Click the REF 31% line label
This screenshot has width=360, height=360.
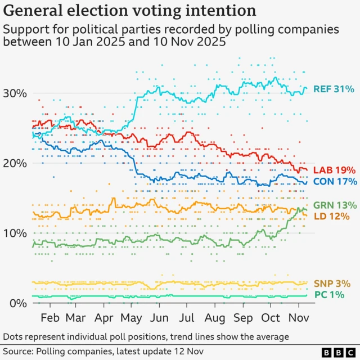[334, 89]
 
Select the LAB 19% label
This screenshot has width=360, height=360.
[335, 170]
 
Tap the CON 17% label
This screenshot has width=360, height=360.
[335, 181]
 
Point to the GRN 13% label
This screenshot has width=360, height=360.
[335, 205]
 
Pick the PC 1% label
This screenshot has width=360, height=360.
[328, 295]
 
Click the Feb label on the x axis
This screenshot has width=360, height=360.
[50, 318]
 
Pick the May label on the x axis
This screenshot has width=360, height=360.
[132, 318]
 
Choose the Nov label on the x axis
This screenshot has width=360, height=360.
[298, 318]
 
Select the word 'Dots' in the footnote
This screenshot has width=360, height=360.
[15, 336]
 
